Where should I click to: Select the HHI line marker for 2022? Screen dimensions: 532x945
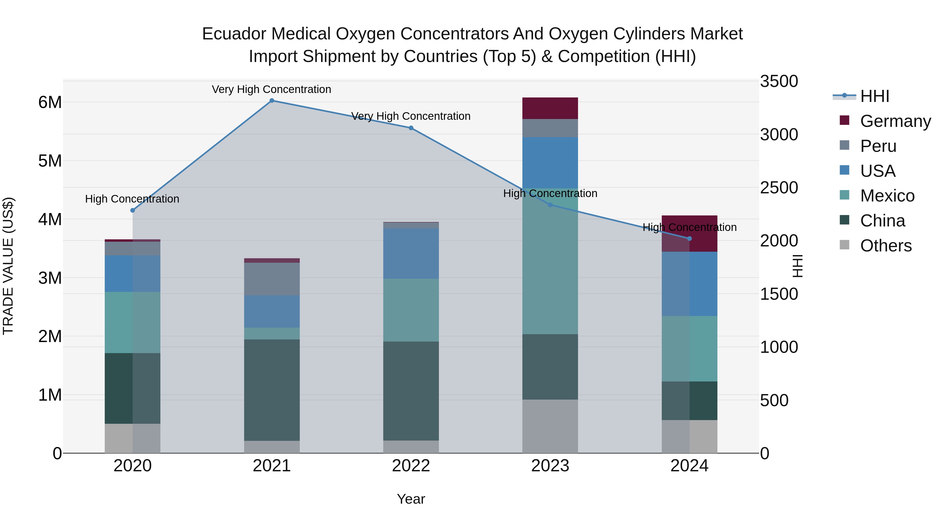tap(411, 128)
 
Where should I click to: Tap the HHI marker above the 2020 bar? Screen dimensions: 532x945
tap(133, 210)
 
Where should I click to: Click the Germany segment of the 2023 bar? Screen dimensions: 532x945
tap(550, 108)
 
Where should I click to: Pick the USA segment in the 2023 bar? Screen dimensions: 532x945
tap(550, 163)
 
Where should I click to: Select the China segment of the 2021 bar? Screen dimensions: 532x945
tap(272, 390)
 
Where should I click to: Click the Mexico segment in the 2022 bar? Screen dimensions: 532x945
tap(411, 310)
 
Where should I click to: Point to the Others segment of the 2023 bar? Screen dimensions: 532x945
tap(550, 426)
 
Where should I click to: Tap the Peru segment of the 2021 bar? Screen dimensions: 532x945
tap(272, 279)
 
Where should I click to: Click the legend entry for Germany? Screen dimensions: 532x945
tap(895, 121)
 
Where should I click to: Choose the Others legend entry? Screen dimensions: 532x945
tap(886, 246)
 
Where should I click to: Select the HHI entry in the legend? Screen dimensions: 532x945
tap(875, 96)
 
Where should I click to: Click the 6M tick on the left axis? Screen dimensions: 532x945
tap(50, 102)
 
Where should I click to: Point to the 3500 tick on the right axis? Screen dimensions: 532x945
tap(779, 81)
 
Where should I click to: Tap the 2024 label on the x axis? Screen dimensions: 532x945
tap(689, 466)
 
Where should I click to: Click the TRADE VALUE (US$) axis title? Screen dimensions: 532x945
tap(8, 266)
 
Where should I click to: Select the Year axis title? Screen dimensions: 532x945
tap(411, 499)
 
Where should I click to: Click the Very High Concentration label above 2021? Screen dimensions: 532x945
tap(271, 89)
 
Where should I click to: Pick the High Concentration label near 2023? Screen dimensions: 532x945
tap(550, 193)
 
